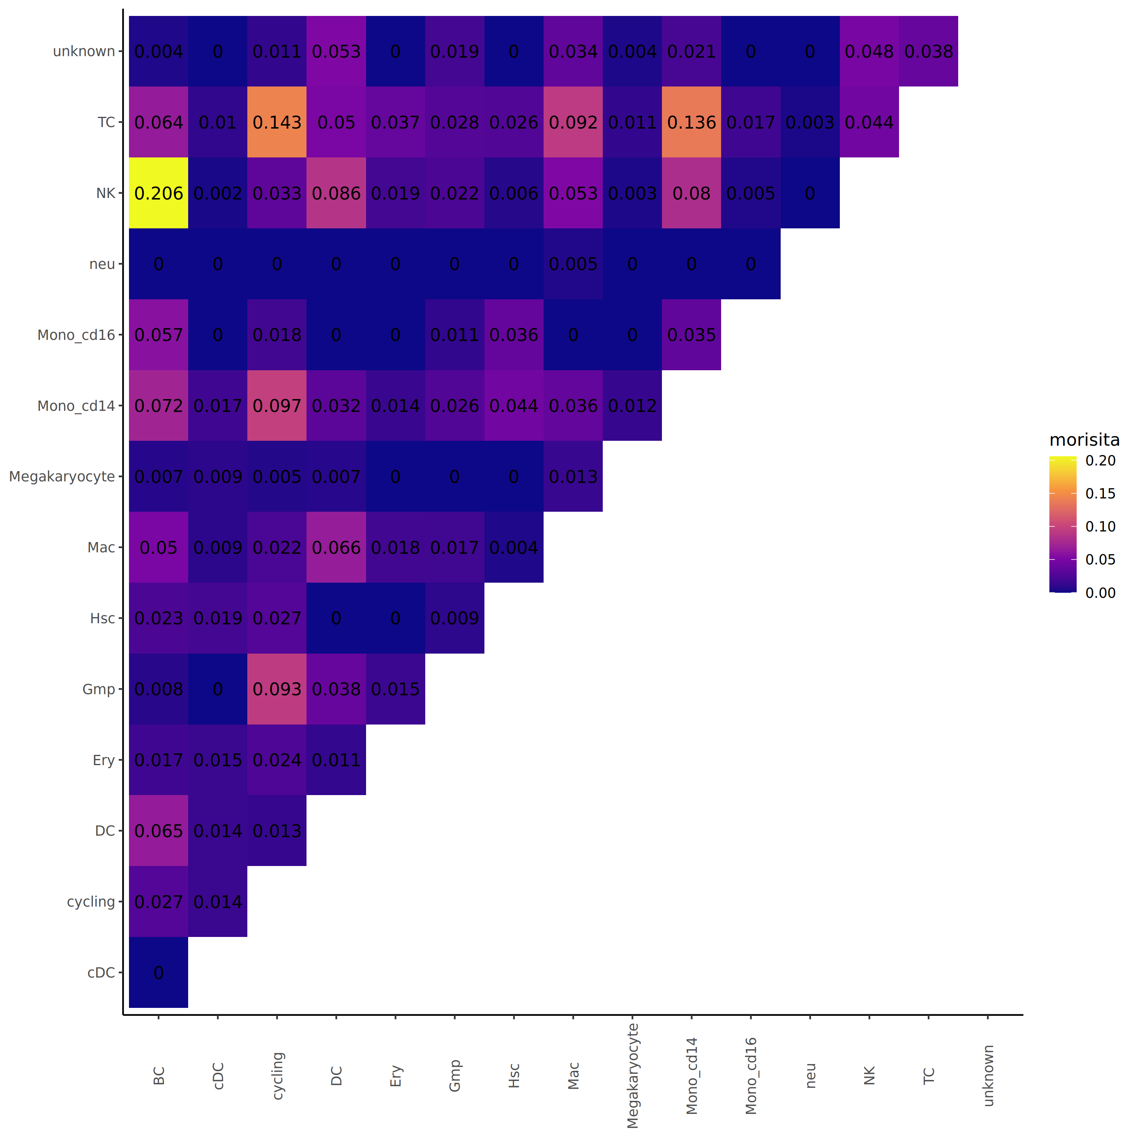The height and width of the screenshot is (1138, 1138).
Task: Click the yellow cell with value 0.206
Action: [159, 193]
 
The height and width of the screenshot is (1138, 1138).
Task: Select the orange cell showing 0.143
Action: [277, 123]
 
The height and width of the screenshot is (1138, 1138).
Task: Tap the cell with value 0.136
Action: [692, 123]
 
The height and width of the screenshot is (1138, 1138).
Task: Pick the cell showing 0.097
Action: [277, 406]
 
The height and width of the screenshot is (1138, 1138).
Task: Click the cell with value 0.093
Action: [277, 689]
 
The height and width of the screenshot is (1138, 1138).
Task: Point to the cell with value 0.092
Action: [573, 123]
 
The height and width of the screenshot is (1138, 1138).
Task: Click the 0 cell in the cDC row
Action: [159, 973]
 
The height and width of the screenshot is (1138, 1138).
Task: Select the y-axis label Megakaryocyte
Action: [62, 476]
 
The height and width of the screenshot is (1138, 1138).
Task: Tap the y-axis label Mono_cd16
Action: [76, 335]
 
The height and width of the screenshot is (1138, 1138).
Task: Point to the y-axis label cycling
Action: [91, 902]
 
